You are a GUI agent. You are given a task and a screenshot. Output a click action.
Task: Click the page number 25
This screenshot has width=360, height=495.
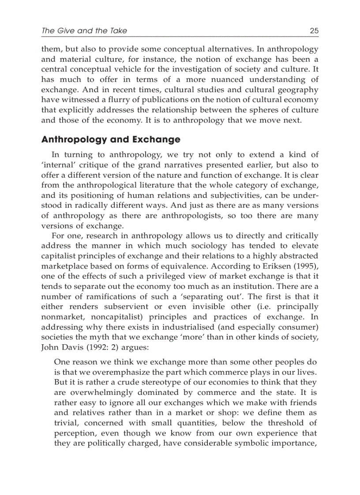click(x=314, y=30)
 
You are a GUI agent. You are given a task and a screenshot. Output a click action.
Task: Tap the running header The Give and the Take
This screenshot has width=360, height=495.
click(x=84, y=30)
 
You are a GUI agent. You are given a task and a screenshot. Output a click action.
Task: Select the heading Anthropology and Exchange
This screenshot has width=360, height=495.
click(x=111, y=140)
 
